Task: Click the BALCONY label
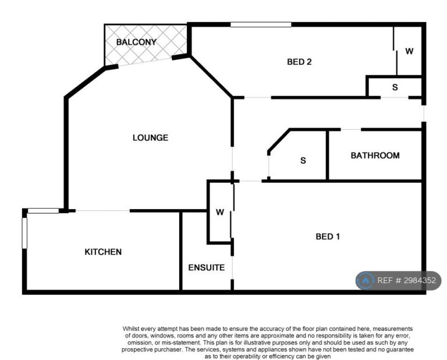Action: click(x=136, y=42)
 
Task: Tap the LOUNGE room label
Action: click(x=150, y=138)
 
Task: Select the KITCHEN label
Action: click(x=103, y=252)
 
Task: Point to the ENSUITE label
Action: click(x=207, y=267)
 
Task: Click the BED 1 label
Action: click(x=328, y=237)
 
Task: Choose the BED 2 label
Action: click(x=299, y=62)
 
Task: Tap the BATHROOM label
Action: click(x=375, y=156)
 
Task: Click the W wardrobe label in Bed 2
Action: click(x=409, y=51)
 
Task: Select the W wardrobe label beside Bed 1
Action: click(x=220, y=212)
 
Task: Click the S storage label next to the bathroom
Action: click(x=303, y=161)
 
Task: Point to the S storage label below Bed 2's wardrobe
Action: click(x=395, y=87)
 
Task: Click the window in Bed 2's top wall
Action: click(x=261, y=24)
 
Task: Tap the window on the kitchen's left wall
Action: click(x=24, y=233)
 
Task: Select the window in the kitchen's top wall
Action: click(x=43, y=211)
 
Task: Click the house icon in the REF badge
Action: click(x=366, y=281)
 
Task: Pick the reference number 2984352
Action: click(x=420, y=280)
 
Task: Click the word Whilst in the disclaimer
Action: click(x=131, y=329)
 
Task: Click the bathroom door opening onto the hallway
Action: click(x=351, y=130)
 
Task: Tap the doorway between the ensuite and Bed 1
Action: click(x=232, y=267)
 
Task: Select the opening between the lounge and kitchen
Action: click(x=102, y=211)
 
